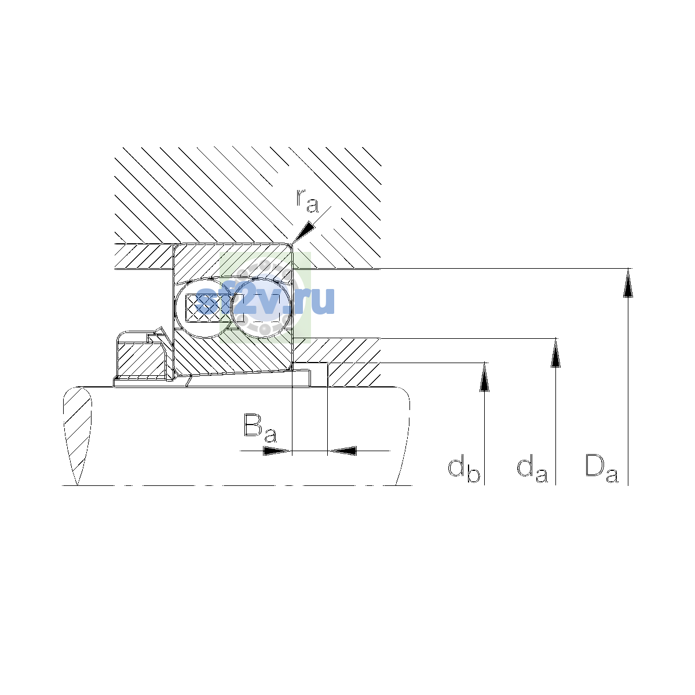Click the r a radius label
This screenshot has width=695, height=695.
point(308,201)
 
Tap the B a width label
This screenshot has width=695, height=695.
point(261,428)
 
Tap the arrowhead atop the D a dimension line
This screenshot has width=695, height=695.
point(628,283)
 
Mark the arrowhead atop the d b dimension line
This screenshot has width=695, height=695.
point(484,376)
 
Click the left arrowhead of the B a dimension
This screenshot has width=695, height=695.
point(277,451)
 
